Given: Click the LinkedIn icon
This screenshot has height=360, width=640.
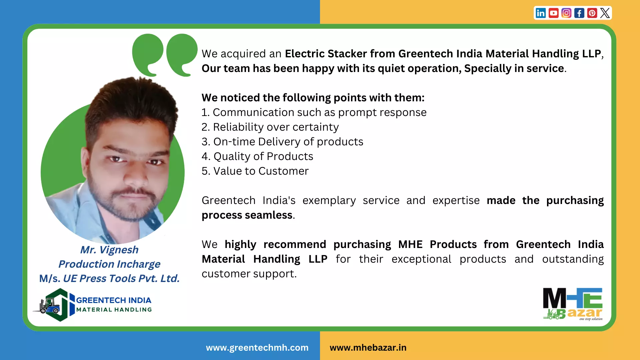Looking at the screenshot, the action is coord(541,13).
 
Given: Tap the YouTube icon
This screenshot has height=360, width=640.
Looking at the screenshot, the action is coord(553,13).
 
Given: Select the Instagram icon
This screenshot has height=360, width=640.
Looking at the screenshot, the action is coord(566,13).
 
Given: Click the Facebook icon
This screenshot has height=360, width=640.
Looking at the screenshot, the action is coord(579,13).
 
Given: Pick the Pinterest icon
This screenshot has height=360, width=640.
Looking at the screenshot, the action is coord(592,13).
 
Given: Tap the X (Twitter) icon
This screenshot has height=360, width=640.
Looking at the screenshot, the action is coord(605,13).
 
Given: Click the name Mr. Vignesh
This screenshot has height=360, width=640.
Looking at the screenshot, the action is coord(109,250).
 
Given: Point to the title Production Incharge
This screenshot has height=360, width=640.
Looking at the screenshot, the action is coord(109,264).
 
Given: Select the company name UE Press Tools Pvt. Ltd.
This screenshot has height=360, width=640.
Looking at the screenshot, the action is coord(121,278).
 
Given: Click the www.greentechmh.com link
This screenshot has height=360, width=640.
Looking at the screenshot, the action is coord(257,348).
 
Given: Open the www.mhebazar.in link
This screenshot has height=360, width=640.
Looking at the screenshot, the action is coord(368,348).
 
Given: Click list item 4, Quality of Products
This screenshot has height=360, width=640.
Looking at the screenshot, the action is coord(257,156).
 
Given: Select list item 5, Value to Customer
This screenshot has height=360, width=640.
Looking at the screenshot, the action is coord(255,171).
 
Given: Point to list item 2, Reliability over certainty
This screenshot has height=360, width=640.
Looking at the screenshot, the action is coord(270,127).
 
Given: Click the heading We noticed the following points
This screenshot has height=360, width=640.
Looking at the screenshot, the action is coord(313,98).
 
